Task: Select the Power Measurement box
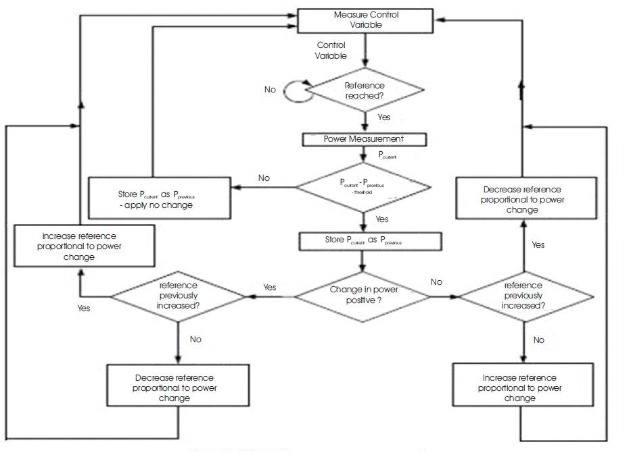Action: pyautogui.click(x=365, y=139)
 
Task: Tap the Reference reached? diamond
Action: pyautogui.click(x=365, y=90)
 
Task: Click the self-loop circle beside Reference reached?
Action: pyautogui.click(x=296, y=90)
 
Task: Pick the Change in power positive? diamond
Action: pyautogui.click(x=364, y=294)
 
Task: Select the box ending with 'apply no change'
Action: pyautogui.click(x=160, y=199)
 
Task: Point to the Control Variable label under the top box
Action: pyautogui.click(x=331, y=51)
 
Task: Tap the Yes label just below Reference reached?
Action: pyautogui.click(x=384, y=118)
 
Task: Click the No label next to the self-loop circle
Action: pyautogui.click(x=270, y=90)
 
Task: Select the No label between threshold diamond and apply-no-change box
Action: pyautogui.click(x=264, y=178)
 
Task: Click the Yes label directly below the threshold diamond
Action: pyautogui.click(x=382, y=219)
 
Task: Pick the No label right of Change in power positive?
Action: pyautogui.click(x=436, y=282)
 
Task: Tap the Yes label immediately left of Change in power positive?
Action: pyautogui.click(x=269, y=288)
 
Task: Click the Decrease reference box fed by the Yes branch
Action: pyautogui.click(x=526, y=199)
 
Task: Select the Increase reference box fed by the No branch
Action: pyautogui.click(x=519, y=387)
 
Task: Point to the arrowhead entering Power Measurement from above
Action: pyautogui.click(x=365, y=129)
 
